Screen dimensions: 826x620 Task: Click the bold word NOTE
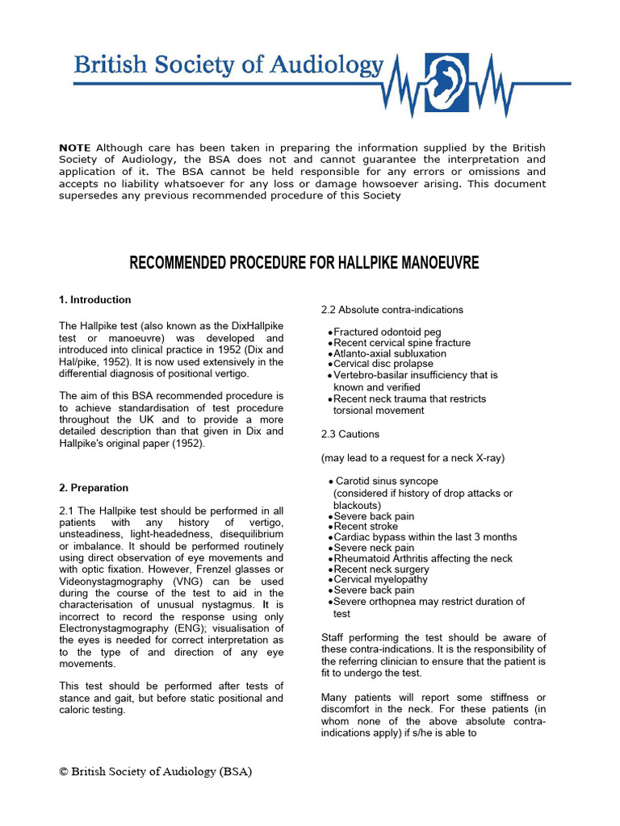click(75, 148)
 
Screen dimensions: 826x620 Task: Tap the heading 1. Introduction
click(95, 300)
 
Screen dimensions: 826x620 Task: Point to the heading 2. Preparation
click(94, 488)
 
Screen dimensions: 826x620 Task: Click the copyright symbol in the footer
click(64, 771)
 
